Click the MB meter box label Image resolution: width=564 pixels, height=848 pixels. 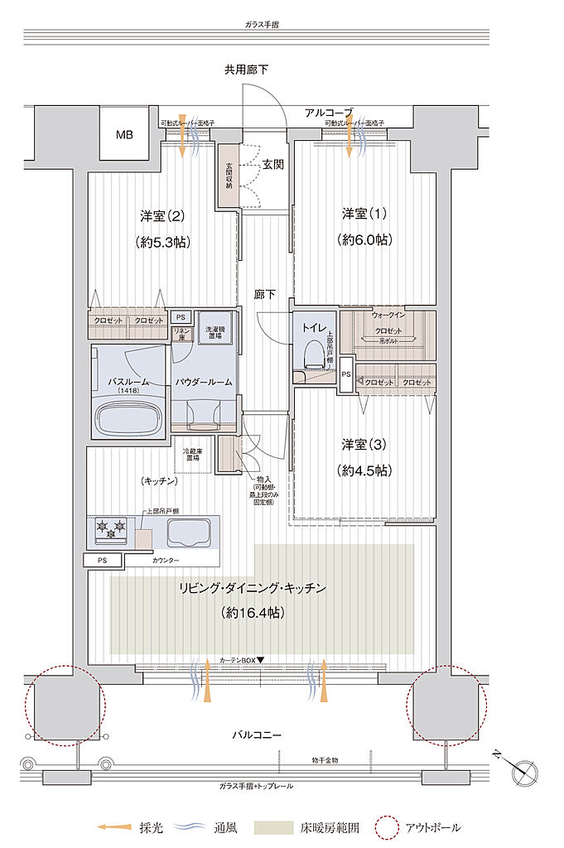coord(123,134)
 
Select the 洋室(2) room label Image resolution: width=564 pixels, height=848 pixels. coord(161,216)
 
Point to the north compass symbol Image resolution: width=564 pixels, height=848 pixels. coord(525,772)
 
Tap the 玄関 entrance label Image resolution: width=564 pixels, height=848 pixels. coord(273,164)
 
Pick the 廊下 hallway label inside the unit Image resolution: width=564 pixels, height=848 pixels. coord(265,293)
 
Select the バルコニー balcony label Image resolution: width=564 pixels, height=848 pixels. coord(256,735)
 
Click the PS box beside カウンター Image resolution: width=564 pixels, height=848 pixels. coord(102,561)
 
